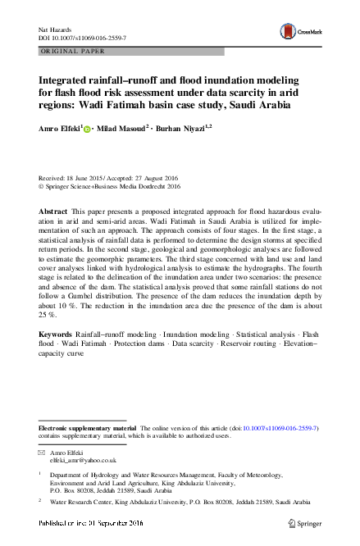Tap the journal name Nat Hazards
tap(53, 29)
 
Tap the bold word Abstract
tap(53, 212)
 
